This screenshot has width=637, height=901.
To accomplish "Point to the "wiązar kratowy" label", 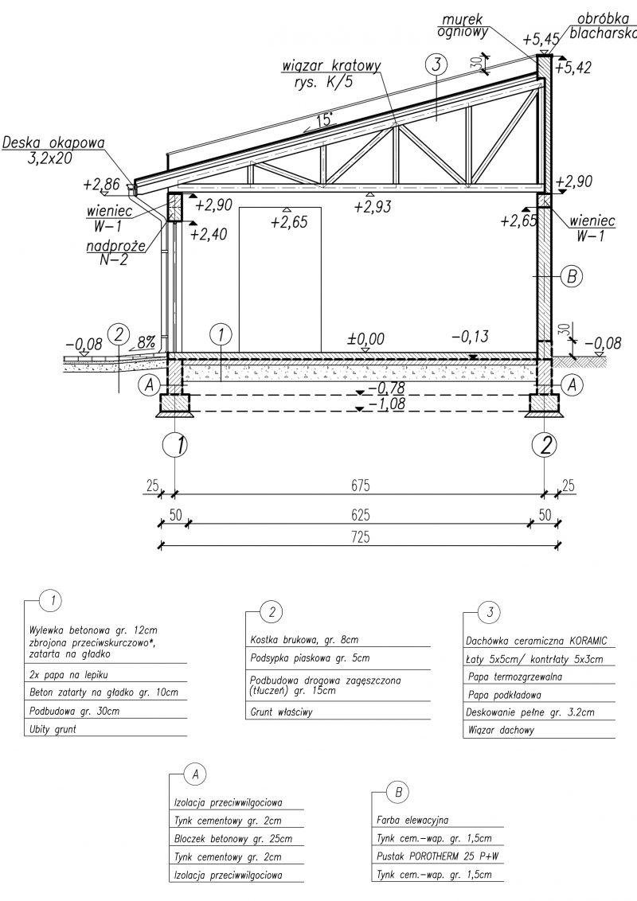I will (x=334, y=72).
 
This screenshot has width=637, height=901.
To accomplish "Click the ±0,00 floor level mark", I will (x=365, y=338).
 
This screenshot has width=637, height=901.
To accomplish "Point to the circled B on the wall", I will (x=572, y=277).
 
